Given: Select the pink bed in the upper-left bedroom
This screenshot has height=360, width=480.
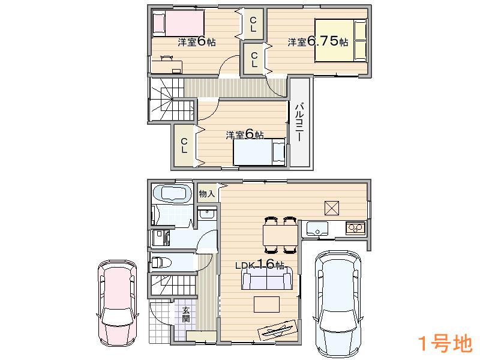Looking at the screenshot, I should (178, 25).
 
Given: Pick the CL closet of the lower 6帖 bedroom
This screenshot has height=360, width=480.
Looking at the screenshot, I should (184, 145).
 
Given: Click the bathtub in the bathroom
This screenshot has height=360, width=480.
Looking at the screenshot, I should (172, 194).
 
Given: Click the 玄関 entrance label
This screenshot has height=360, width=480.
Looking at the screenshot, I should (186, 314).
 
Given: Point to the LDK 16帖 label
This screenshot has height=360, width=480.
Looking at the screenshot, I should (259, 265).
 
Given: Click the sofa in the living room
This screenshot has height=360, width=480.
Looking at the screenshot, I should (267, 280).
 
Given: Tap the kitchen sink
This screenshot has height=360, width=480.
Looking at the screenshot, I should (316, 228).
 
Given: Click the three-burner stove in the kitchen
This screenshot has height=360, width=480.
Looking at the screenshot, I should (355, 228).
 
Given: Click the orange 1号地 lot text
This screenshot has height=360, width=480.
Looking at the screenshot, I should (444, 344).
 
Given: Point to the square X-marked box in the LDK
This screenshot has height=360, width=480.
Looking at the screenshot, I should (332, 206).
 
